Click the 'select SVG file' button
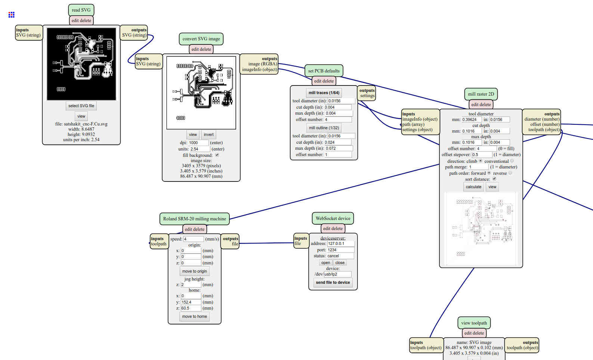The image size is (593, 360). pyautogui.click(x=81, y=106)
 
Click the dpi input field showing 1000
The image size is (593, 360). pyautogui.click(x=198, y=143)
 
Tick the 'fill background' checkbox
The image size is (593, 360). pyautogui.click(x=217, y=155)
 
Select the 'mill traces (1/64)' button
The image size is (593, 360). pyautogui.click(x=324, y=93)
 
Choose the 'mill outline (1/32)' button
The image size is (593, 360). pyautogui.click(x=324, y=128)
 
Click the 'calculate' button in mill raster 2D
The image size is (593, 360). pyautogui.click(x=473, y=187)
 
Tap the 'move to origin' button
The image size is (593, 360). pyautogui.click(x=195, y=271)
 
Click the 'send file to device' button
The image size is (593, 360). pyautogui.click(x=333, y=282)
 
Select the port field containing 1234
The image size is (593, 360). pyautogui.click(x=340, y=250)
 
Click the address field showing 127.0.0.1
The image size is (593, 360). pyautogui.click(x=341, y=243)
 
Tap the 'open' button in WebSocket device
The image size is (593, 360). pyautogui.click(x=325, y=263)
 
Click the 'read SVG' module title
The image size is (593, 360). pyautogui.click(x=81, y=10)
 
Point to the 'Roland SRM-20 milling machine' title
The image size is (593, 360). pyautogui.click(x=195, y=219)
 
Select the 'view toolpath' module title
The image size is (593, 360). pyautogui.click(x=474, y=323)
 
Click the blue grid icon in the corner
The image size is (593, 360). pyautogui.click(x=11, y=15)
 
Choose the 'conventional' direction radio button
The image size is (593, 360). pyautogui.click(x=512, y=161)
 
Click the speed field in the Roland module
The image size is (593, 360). pyautogui.click(x=194, y=239)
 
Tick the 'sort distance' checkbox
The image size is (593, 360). pyautogui.click(x=494, y=179)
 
